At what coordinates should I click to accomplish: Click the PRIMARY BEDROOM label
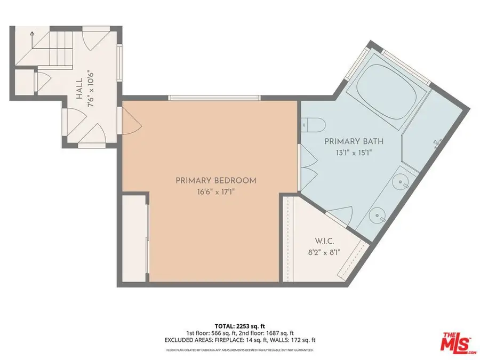(216, 181)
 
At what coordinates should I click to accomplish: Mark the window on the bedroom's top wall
(214, 98)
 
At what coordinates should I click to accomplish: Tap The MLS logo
(459, 342)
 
